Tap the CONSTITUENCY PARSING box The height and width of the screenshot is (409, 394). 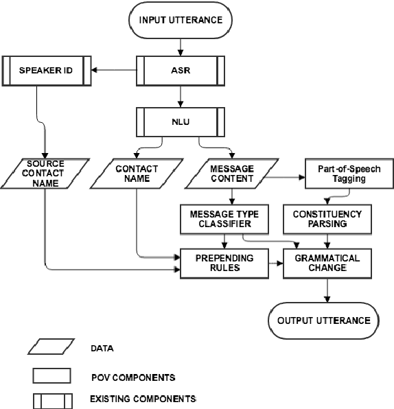(332, 218)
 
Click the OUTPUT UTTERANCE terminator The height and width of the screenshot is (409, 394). (323, 320)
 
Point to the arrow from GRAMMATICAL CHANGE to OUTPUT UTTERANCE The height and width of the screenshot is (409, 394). (327, 292)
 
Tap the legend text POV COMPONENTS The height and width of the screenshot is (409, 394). (132, 377)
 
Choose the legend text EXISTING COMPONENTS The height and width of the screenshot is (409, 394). (143, 399)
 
